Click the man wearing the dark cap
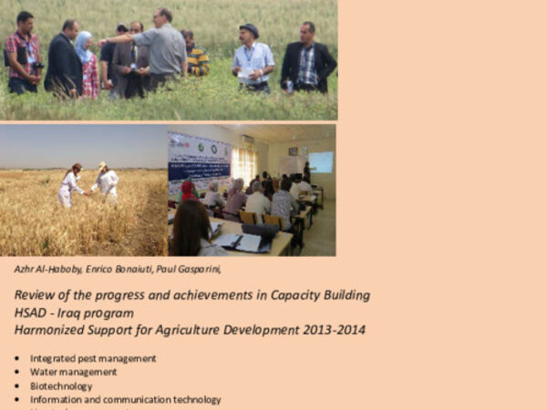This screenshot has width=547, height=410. (x=253, y=55)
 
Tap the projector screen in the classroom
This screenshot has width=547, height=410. (x=320, y=162)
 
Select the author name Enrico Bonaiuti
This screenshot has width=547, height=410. (x=125, y=269)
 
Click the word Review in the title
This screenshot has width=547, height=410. (x=34, y=295)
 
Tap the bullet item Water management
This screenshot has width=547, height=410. (x=73, y=372)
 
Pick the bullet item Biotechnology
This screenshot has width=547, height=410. (x=61, y=385)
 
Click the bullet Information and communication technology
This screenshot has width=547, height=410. (x=125, y=399)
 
